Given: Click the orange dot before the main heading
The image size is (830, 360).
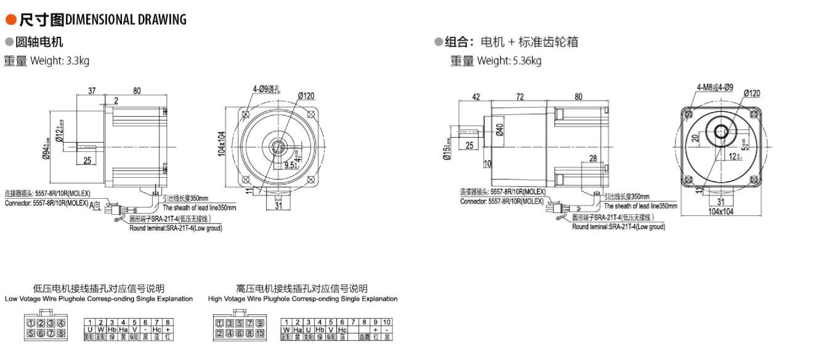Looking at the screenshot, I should (10, 20).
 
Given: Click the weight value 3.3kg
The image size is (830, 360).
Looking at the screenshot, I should (78, 61).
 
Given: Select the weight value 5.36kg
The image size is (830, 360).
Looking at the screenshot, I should (526, 61).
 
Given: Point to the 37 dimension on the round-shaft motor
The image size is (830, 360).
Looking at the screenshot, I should (92, 91).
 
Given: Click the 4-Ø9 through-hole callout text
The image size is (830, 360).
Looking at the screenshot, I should (266, 89).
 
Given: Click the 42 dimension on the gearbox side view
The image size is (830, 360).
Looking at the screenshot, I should (476, 96).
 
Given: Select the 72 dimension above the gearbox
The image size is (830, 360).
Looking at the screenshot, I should (520, 96).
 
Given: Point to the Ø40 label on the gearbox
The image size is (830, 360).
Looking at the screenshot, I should (499, 130).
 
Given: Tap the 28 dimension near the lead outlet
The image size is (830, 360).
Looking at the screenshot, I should (594, 159).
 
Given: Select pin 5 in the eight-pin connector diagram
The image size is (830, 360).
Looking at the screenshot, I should (30, 334).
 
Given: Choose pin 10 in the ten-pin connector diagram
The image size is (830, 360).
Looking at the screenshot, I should (260, 334).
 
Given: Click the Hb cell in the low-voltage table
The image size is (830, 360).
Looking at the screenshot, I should (112, 329).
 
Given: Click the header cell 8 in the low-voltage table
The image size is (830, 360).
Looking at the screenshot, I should (167, 322).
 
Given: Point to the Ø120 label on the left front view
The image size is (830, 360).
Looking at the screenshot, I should (306, 96).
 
